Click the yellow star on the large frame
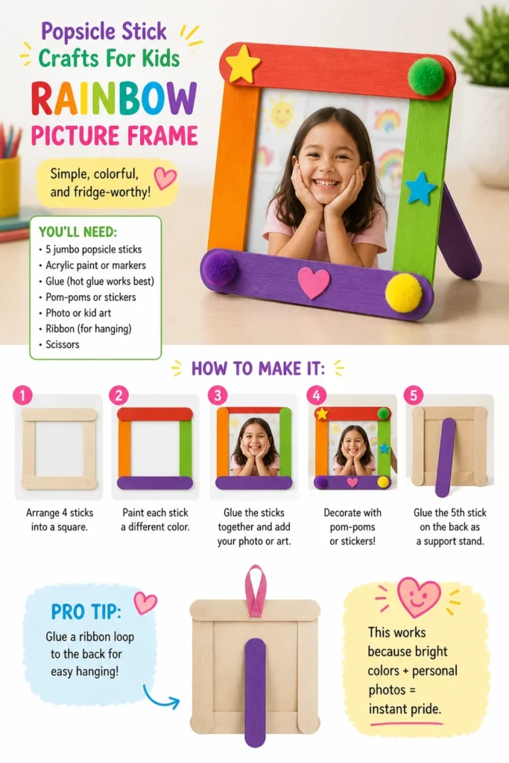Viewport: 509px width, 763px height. [243, 64]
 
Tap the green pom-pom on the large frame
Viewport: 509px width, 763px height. [426, 77]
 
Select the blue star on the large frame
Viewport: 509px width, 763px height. [420, 188]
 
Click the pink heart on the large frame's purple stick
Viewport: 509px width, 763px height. [314, 282]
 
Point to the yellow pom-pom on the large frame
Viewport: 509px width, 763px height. [403, 292]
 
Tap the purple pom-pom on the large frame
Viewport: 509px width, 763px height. [219, 267]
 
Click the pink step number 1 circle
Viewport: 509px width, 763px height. [22, 395]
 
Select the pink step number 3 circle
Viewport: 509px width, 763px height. [218, 395]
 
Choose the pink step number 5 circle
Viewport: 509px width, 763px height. [413, 395]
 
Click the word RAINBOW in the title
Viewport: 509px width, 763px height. [114, 99]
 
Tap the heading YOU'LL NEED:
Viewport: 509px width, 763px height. [78, 232]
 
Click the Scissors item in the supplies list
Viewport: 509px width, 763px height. [63, 344]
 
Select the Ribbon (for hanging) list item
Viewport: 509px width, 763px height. [88, 329]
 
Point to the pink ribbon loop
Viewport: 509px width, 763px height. [256, 591]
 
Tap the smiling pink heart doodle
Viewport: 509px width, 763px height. [419, 597]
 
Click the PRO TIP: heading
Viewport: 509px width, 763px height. [86, 612]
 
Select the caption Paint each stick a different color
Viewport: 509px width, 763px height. [155, 519]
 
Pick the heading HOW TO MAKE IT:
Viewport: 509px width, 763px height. [258, 369]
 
